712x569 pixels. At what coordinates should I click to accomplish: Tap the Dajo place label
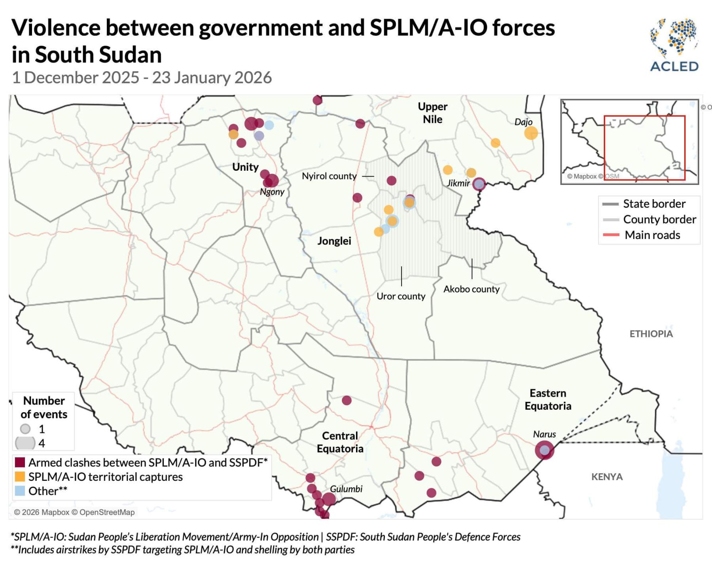pyautogui.click(x=523, y=122)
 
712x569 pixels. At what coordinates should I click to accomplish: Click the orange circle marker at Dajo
pyautogui.click(x=531, y=133)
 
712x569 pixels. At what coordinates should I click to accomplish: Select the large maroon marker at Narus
pyautogui.click(x=544, y=450)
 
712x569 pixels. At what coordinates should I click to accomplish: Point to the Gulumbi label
pyautogui.click(x=346, y=489)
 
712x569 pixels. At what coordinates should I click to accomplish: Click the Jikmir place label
pyautogui.click(x=458, y=183)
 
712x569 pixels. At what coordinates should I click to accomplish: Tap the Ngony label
pyautogui.click(x=272, y=192)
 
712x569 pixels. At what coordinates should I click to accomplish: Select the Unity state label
pyautogui.click(x=245, y=167)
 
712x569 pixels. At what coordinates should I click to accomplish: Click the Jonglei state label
pyautogui.click(x=334, y=241)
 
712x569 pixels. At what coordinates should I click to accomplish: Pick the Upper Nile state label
pyautogui.click(x=432, y=113)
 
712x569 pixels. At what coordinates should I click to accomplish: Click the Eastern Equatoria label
pyautogui.click(x=548, y=399)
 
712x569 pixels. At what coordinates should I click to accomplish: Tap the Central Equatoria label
pyautogui.click(x=340, y=442)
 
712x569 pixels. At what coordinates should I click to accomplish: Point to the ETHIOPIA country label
pyautogui.click(x=651, y=334)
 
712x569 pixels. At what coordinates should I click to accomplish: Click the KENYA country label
pyautogui.click(x=607, y=477)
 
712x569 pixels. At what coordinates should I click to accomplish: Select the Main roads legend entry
pyautogui.click(x=652, y=235)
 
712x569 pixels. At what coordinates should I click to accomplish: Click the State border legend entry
pyautogui.click(x=654, y=204)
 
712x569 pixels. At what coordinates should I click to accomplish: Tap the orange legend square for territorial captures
pyautogui.click(x=20, y=477)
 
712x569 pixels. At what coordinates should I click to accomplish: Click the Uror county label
pyautogui.click(x=401, y=296)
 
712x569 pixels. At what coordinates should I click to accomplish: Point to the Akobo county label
pyautogui.click(x=471, y=289)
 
